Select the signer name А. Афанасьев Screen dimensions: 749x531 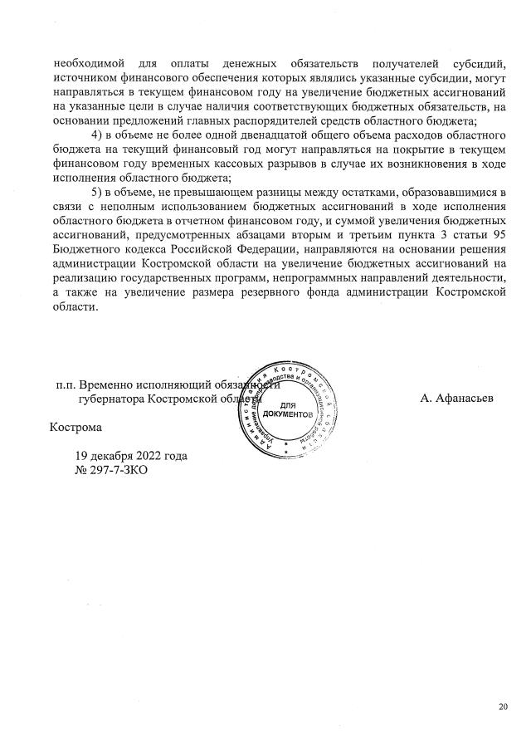[457, 399]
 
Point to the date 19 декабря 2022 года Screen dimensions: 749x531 [130, 456]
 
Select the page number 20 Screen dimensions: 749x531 [503, 707]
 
